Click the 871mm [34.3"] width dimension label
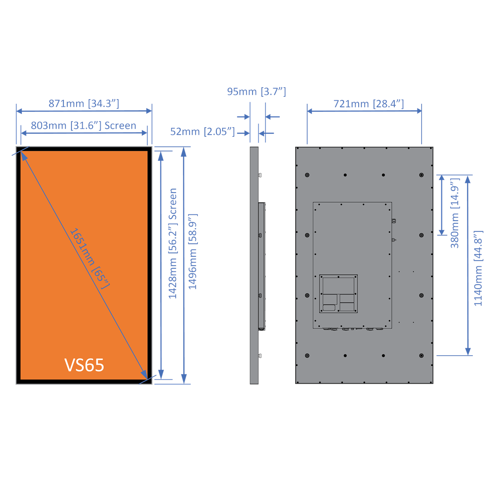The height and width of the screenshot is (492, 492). (84, 103)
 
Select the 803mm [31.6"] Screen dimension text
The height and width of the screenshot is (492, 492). (83, 126)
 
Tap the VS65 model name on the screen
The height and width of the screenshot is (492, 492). (84, 365)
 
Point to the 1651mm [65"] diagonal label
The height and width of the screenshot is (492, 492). (90, 258)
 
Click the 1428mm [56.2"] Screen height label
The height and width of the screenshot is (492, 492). (173, 243)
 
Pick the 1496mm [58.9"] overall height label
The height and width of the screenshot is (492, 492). (193, 252)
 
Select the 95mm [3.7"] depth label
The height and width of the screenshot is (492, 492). (256, 91)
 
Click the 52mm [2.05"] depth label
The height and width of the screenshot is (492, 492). (202, 131)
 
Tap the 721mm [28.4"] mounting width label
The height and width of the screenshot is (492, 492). (369, 104)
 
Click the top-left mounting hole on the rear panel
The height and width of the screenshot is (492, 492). (307, 175)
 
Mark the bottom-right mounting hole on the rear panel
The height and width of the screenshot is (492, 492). (421, 356)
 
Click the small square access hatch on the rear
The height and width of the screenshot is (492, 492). (338, 294)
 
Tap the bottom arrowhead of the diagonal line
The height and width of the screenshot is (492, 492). (145, 375)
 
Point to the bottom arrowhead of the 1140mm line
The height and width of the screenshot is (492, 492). (468, 352)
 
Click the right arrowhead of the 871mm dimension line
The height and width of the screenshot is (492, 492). (149, 111)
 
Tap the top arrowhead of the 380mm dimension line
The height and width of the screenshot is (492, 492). (442, 178)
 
